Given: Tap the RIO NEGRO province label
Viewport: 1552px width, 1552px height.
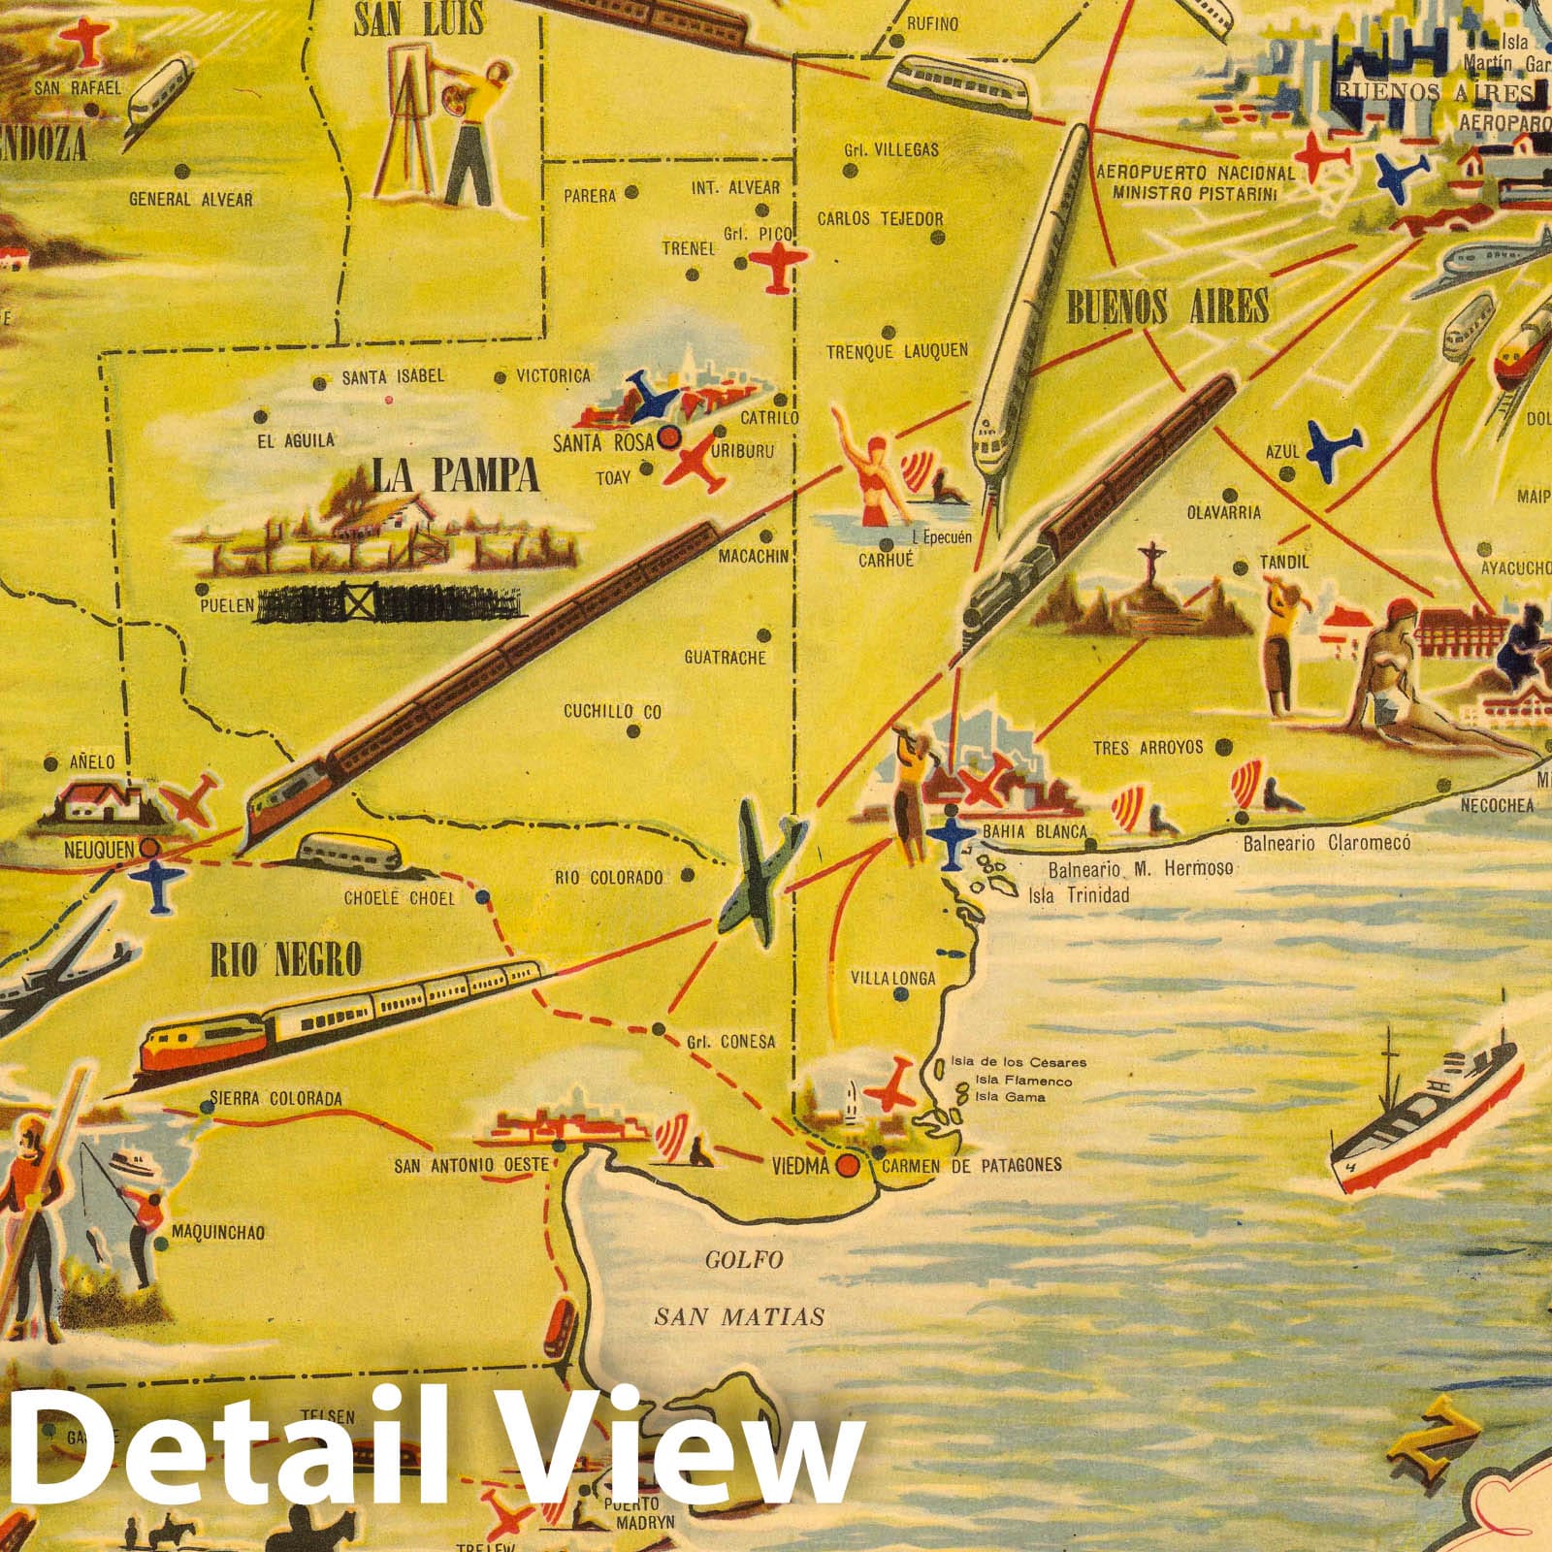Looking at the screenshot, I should pyautogui.click(x=285, y=959).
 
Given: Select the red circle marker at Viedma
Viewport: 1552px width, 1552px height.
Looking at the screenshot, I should pyautogui.click(x=849, y=1166).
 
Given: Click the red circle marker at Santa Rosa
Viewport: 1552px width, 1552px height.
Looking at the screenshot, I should pyautogui.click(x=667, y=438).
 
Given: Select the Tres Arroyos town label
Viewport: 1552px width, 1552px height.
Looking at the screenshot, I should pyautogui.click(x=1148, y=748).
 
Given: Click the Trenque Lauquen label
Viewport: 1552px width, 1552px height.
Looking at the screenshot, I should pyautogui.click(x=896, y=351).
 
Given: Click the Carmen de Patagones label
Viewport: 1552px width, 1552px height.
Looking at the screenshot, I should pyautogui.click(x=971, y=1165).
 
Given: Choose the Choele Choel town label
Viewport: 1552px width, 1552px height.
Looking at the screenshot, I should pyautogui.click(x=399, y=898).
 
